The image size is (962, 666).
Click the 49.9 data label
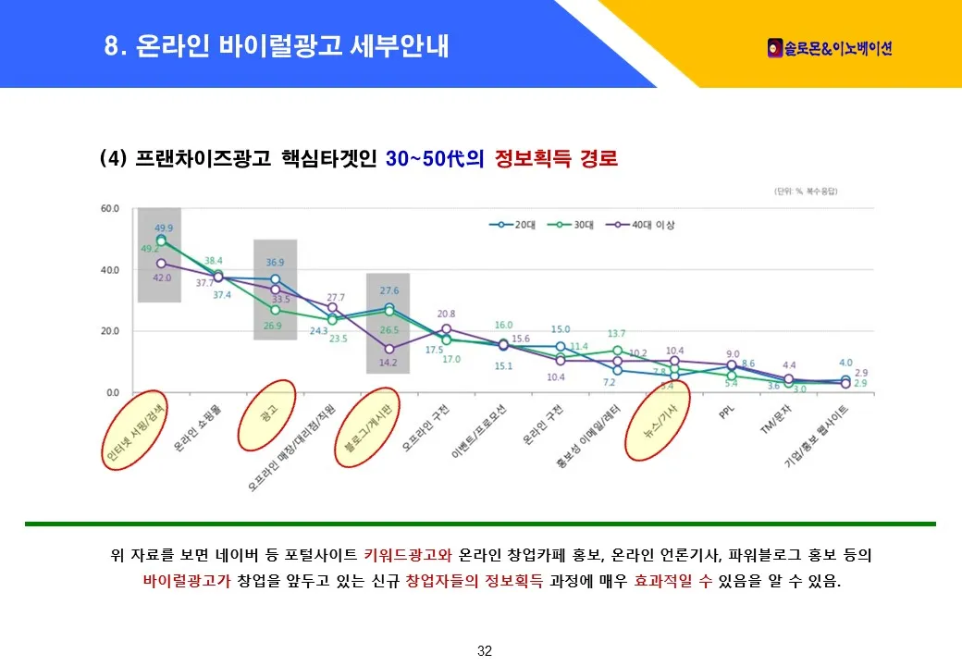tap(164, 228)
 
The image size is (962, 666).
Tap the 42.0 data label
tap(162, 277)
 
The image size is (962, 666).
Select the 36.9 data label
tap(275, 263)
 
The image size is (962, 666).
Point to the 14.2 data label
tap(388, 363)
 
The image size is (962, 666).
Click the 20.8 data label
tap(446, 314)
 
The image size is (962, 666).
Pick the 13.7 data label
tap(617, 333)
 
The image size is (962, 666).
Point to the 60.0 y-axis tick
tap(110, 209)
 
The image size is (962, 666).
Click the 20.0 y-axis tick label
tap(110, 331)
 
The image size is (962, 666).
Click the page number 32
tap(484, 651)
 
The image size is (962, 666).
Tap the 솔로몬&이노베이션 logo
tap(830, 47)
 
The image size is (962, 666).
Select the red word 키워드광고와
tap(408, 556)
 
